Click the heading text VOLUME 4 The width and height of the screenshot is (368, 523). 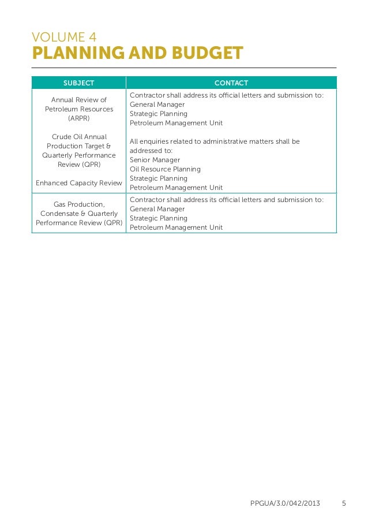[64, 38]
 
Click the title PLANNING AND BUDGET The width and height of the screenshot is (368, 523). [137, 54]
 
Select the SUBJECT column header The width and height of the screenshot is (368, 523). [78, 83]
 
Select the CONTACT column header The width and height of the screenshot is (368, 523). [231, 83]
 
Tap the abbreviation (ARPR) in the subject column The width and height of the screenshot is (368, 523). [79, 118]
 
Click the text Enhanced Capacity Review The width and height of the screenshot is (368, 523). [79, 183]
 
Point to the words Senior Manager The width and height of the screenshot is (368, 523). [155, 160]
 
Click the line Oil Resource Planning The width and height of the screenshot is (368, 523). [165, 169]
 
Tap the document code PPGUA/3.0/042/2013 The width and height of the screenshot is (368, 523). [285, 503]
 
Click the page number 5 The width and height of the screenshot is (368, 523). [344, 503]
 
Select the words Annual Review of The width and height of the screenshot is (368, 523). [79, 100]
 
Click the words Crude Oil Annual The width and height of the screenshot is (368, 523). [79, 137]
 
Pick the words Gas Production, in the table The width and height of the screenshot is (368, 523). [79, 204]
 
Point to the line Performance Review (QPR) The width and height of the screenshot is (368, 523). [79, 223]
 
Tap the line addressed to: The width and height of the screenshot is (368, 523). [151, 151]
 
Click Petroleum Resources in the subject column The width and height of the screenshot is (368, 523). [79, 109]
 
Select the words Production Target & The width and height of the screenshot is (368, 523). [79, 146]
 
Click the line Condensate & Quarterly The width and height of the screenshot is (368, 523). [79, 214]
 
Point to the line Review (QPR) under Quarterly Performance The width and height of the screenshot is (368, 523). [79, 165]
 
